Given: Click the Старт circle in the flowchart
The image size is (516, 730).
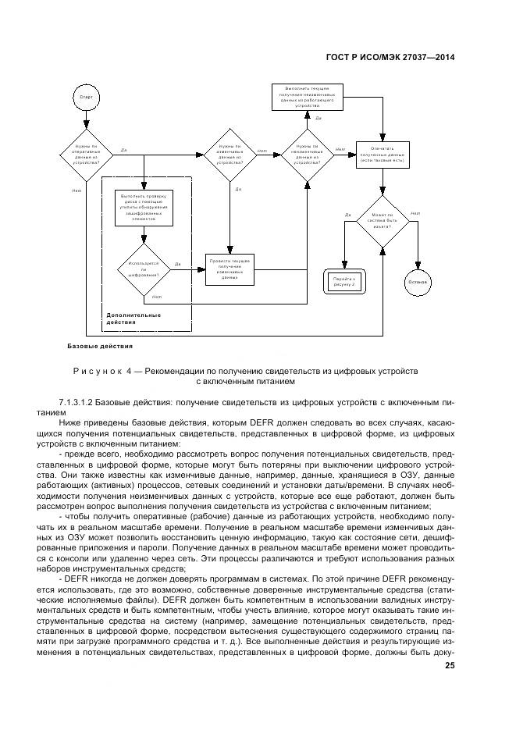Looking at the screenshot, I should tap(86, 97).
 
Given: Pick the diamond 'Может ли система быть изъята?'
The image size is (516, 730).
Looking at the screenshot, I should tap(383, 220).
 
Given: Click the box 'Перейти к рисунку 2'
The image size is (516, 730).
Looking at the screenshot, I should tap(344, 280).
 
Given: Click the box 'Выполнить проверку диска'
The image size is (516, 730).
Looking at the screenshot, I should tap(144, 208).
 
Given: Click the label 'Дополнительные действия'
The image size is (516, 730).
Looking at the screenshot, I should tap(133, 319).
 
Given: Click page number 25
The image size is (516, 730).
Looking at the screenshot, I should tap(450, 665).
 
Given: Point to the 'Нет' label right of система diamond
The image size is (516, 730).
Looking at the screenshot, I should tap(415, 213).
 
